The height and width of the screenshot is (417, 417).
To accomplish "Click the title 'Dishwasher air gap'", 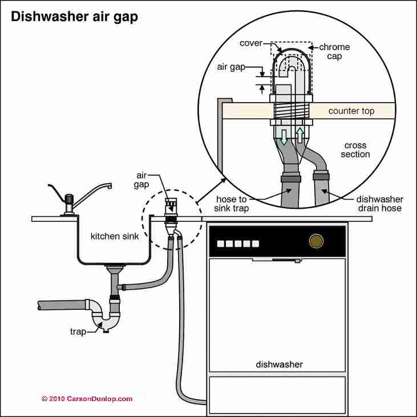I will pyautogui.click(x=74, y=17).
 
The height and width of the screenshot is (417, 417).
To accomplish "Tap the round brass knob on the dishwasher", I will pyautogui.click(x=315, y=242).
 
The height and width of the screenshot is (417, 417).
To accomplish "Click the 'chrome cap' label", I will pyautogui.click(x=334, y=51).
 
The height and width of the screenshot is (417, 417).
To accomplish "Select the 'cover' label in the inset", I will pyautogui.click(x=251, y=43).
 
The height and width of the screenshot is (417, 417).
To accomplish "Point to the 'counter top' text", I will pyautogui.click(x=351, y=111).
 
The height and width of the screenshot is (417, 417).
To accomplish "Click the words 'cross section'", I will pyautogui.click(x=355, y=150).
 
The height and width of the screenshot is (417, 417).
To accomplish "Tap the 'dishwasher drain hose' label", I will pyautogui.click(x=380, y=204).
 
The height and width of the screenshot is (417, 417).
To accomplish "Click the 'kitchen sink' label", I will pyautogui.click(x=111, y=236).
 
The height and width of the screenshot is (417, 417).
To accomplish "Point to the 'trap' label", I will pyautogui.click(x=78, y=331).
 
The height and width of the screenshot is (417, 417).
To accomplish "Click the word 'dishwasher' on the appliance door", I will pyautogui.click(x=279, y=364).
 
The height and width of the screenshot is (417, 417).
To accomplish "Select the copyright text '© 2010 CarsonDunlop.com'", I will pyautogui.click(x=87, y=399).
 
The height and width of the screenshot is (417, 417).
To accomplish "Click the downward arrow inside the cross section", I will pyautogui.click(x=283, y=137).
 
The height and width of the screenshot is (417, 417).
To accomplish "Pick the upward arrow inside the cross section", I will pyautogui.click(x=300, y=135).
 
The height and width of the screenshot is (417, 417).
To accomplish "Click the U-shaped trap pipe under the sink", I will pyautogui.click(x=106, y=323).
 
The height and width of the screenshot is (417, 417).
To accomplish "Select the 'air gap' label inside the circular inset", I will pyautogui.click(x=230, y=67).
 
